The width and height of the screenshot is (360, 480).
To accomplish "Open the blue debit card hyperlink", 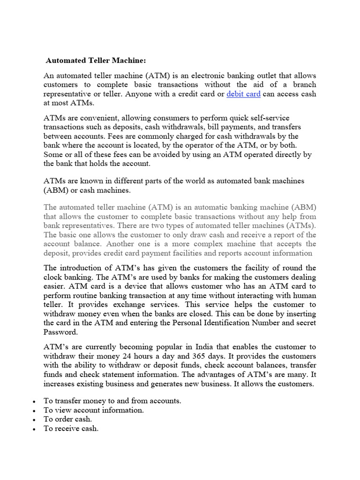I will pos(243,94).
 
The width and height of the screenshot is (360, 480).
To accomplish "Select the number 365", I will pos(197,356).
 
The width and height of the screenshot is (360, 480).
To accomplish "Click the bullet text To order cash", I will pos(67,419).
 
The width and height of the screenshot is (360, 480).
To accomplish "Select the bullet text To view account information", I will pos(93,410).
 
